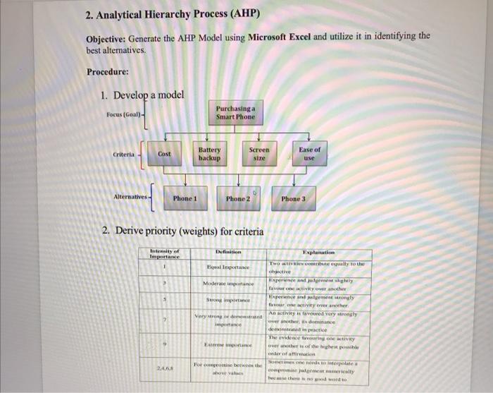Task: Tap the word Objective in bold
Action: [106, 37]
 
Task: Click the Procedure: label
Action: [108, 72]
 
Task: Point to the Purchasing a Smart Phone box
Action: [235, 112]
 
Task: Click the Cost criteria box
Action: [164, 154]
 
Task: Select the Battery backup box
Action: [209, 154]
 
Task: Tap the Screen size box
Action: [259, 154]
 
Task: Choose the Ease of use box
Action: [309, 154]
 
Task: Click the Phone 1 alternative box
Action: [185, 199]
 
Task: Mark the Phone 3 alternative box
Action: [294, 199]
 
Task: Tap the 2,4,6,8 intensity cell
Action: [166, 368]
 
